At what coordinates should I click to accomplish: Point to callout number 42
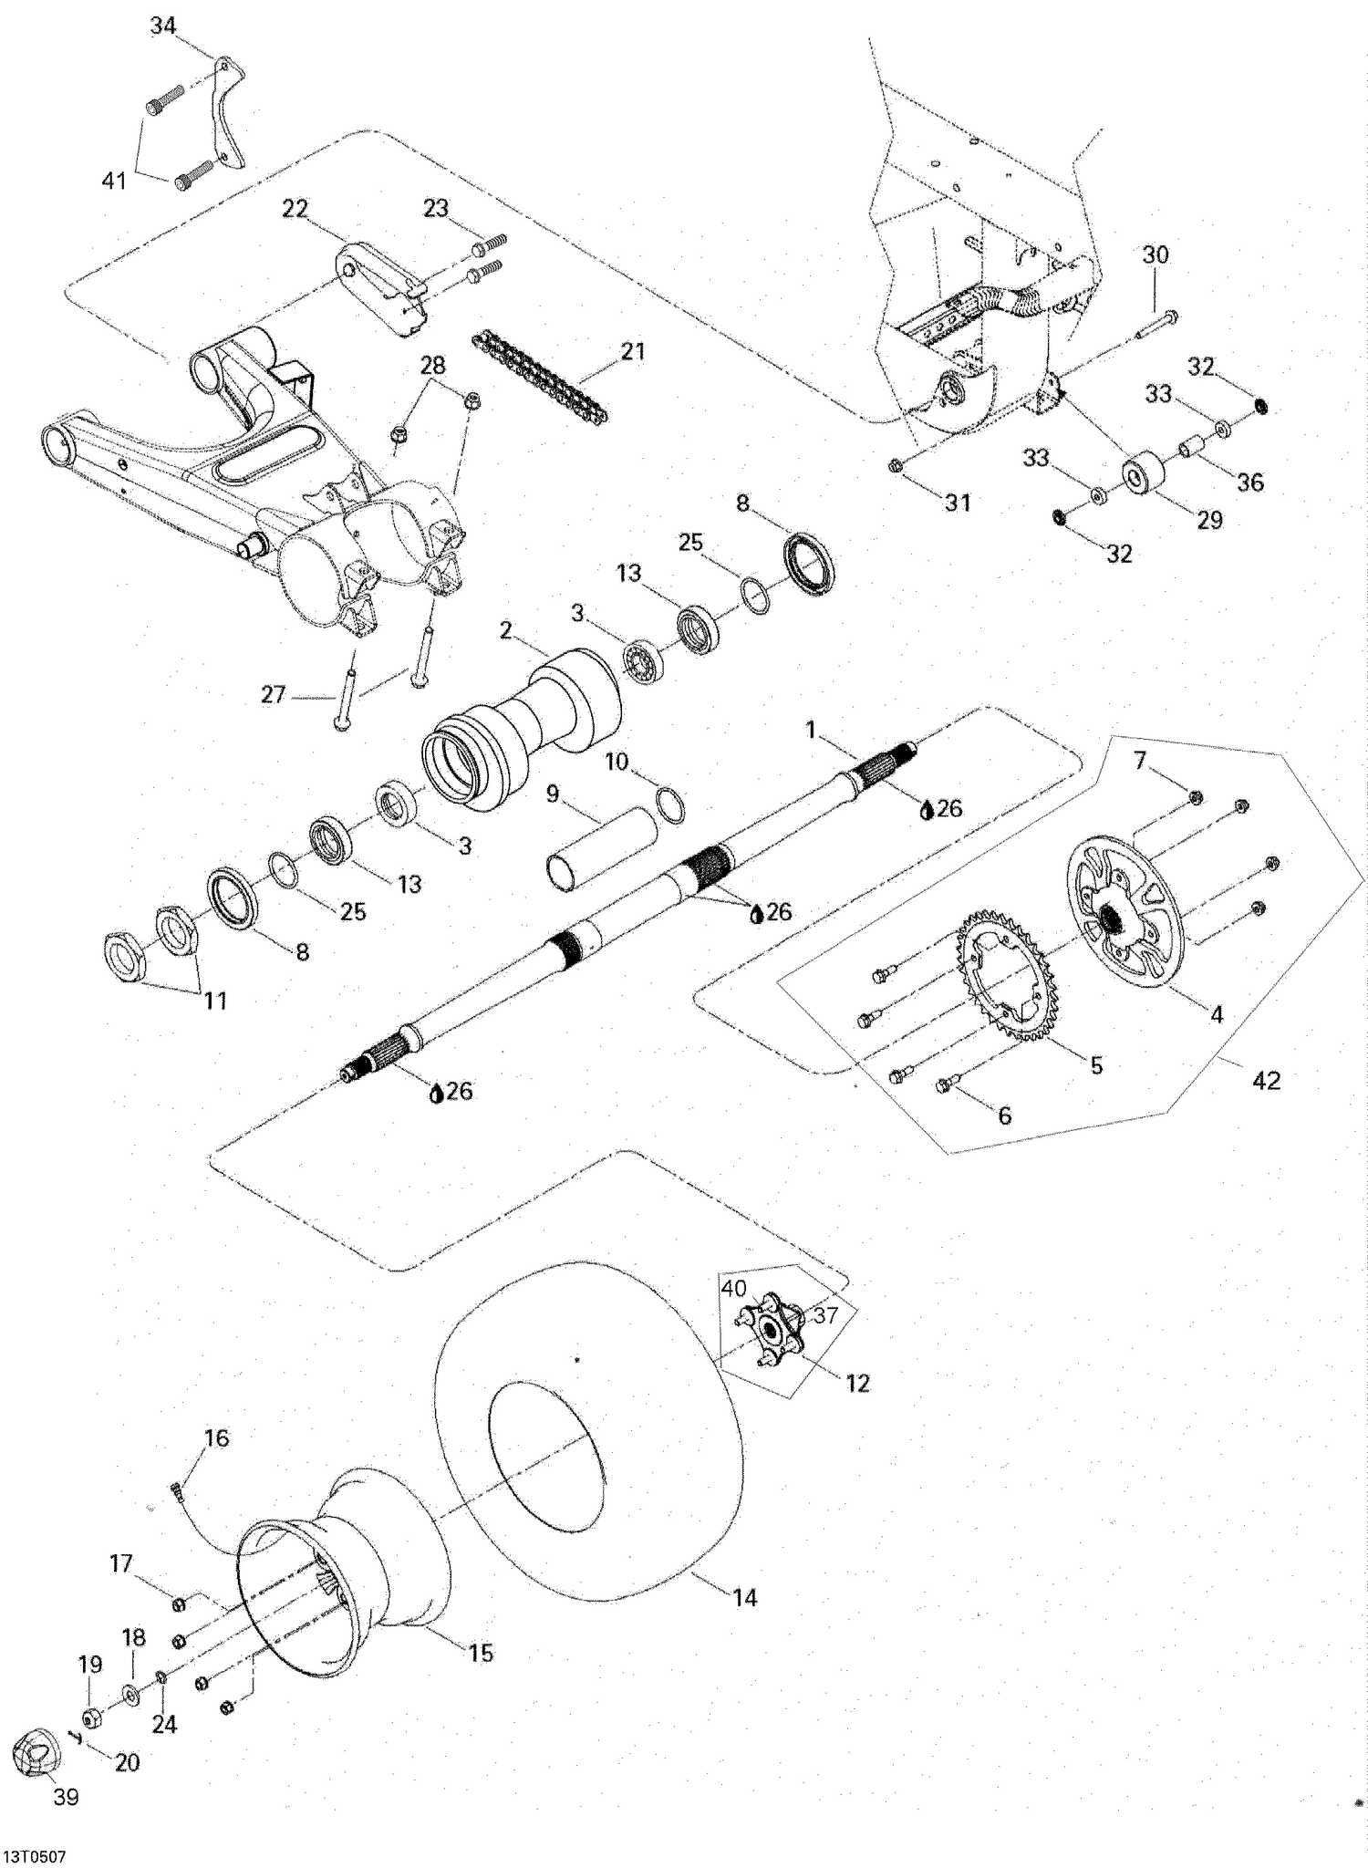(1267, 1080)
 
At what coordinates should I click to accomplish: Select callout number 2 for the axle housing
(506, 630)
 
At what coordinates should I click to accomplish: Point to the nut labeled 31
(896, 465)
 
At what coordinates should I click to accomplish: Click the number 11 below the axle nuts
(214, 1001)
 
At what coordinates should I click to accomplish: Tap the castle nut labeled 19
(92, 1718)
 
